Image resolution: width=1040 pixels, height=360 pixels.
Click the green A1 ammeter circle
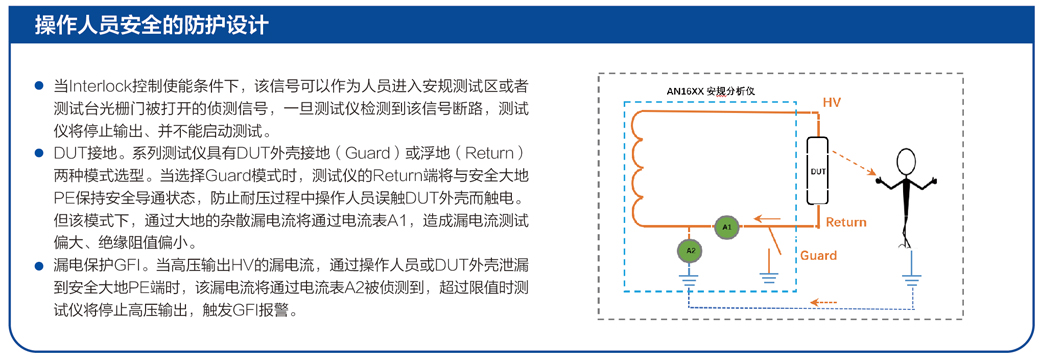click(x=726, y=227)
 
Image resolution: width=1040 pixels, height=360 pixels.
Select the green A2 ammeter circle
click(x=690, y=251)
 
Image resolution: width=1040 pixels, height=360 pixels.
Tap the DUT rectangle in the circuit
click(x=818, y=171)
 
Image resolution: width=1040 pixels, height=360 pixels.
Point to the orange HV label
click(x=832, y=103)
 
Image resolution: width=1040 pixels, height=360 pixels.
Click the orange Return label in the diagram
click(x=846, y=221)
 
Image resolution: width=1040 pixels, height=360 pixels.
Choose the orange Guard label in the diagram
click(x=819, y=255)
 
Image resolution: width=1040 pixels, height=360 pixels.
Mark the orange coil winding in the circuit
click(x=640, y=169)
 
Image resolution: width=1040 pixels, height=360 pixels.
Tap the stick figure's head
click(x=906, y=160)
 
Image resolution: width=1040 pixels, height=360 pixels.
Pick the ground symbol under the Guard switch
click(x=769, y=275)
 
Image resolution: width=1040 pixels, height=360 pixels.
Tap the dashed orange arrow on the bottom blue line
click(x=825, y=304)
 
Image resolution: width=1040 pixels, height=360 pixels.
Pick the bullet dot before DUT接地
click(x=39, y=154)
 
